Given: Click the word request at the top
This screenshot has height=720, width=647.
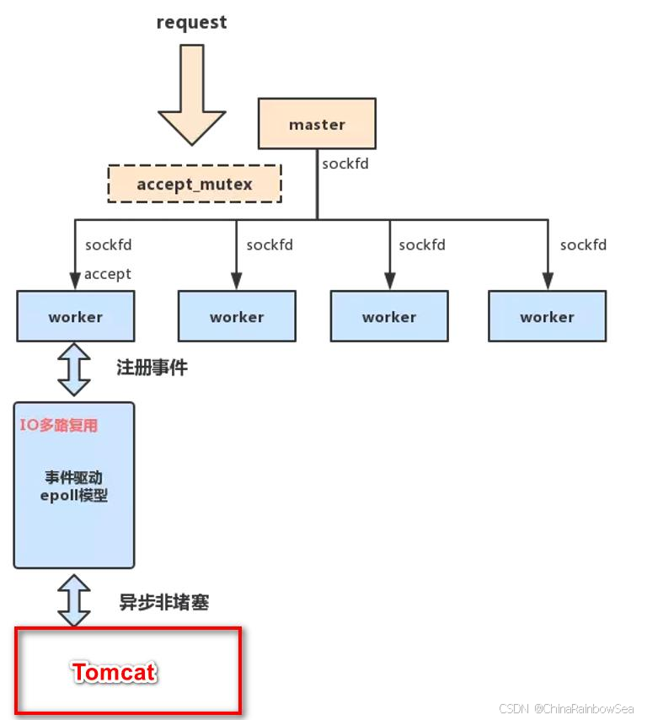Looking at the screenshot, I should [191, 23].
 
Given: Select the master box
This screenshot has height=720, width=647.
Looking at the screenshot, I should [317, 124].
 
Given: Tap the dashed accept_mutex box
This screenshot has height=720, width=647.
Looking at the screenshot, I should [195, 184].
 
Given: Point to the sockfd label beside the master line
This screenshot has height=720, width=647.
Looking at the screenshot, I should [345, 164].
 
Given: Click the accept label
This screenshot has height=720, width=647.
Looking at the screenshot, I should [108, 273].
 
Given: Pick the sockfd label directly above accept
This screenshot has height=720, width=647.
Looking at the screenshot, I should [108, 245].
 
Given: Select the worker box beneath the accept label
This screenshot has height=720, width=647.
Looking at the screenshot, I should [75, 317].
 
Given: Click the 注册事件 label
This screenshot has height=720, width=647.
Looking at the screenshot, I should [152, 368].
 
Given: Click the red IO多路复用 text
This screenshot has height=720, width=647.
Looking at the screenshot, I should [59, 425].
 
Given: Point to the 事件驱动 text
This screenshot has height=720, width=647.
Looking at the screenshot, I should [74, 478].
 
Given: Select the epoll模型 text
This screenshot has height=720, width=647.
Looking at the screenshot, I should [74, 496].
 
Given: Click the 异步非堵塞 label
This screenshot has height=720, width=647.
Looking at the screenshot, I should [163, 602].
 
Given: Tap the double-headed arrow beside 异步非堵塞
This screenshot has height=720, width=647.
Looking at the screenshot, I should [74, 600].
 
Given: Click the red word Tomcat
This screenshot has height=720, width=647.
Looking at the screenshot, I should [114, 672].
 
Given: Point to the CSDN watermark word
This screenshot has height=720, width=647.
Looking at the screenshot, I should [513, 708].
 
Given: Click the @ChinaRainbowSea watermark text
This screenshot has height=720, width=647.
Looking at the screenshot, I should [581, 708].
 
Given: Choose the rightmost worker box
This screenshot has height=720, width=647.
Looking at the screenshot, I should [547, 317].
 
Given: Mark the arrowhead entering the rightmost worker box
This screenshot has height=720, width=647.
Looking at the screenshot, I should [547, 282].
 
